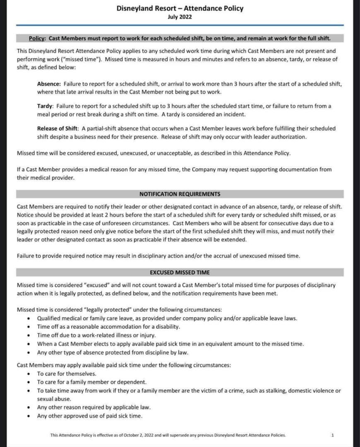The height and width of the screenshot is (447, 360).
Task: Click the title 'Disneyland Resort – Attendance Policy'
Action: point(180,9)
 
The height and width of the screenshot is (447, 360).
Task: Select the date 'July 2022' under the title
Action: point(180,17)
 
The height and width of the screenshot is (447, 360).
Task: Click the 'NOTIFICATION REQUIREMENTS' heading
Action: point(180,194)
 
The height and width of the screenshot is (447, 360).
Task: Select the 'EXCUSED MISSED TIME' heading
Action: point(180,272)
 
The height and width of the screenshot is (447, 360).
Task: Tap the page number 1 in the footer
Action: point(332,435)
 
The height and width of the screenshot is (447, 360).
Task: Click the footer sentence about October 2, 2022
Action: point(167,435)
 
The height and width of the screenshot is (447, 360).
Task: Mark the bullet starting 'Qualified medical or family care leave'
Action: point(167,318)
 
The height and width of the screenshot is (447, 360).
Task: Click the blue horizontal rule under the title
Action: point(180,26)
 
